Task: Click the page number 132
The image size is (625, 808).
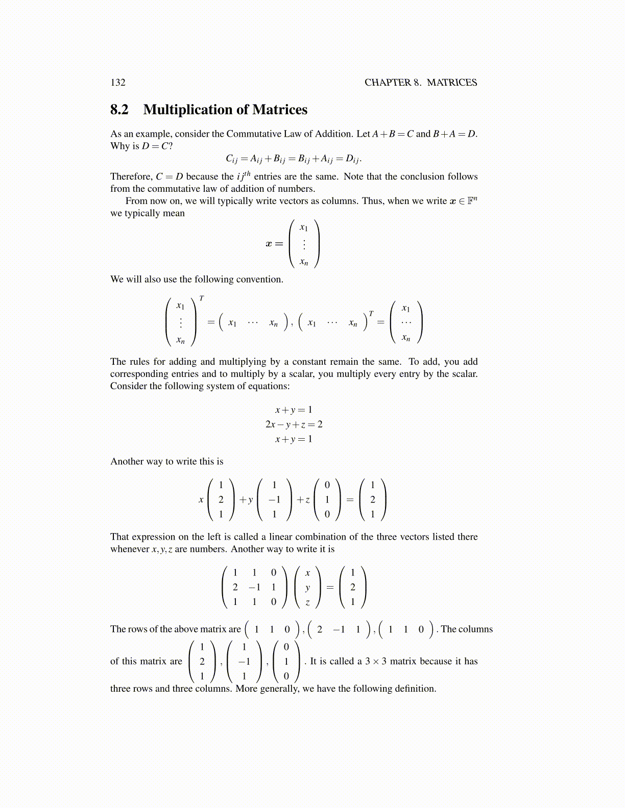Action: click(x=118, y=83)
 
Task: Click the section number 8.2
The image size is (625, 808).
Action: click(x=119, y=110)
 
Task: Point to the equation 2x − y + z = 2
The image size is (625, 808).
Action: click(x=294, y=424)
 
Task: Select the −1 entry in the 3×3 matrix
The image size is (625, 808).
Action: click(x=254, y=587)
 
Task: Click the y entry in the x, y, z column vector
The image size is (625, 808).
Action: click(x=307, y=588)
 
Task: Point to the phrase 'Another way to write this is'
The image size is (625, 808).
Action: click(x=167, y=462)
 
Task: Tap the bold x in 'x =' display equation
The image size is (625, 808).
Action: click(x=269, y=244)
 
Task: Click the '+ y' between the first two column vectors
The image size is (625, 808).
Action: click(x=246, y=500)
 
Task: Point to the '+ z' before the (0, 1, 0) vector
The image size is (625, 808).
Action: click(x=303, y=500)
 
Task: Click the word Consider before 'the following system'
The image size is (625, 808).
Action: click(x=129, y=386)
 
